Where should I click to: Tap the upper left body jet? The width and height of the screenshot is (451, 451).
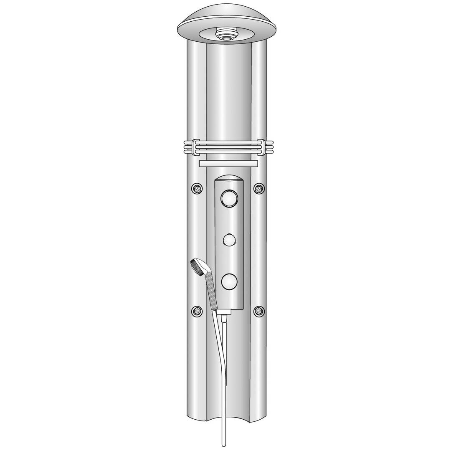point(197,189)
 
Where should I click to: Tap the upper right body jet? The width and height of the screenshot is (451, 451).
point(259,189)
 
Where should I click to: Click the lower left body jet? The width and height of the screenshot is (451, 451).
point(197,311)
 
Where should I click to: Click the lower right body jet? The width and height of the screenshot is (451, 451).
point(259,311)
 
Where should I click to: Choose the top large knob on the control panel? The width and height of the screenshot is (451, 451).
point(229,198)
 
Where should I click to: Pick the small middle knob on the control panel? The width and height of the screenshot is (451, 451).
point(229,241)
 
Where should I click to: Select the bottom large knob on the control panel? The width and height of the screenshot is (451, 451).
point(229,281)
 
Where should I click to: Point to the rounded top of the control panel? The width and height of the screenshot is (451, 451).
point(229,180)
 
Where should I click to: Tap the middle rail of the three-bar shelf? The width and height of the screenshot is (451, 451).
point(228,147)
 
